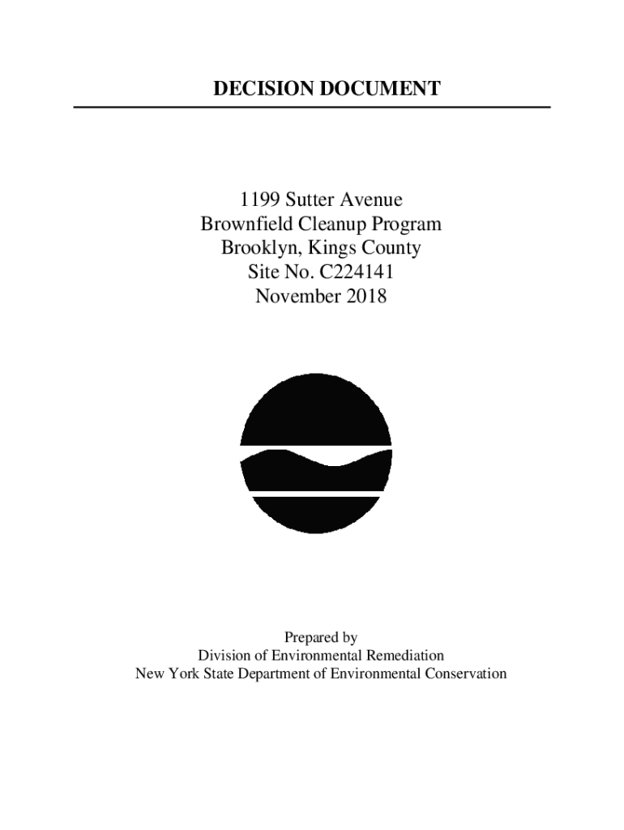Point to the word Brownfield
[x=244, y=224]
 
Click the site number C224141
[x=356, y=272]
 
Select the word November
[x=298, y=297]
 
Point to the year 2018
[x=367, y=297]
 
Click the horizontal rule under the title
[x=312, y=107]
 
